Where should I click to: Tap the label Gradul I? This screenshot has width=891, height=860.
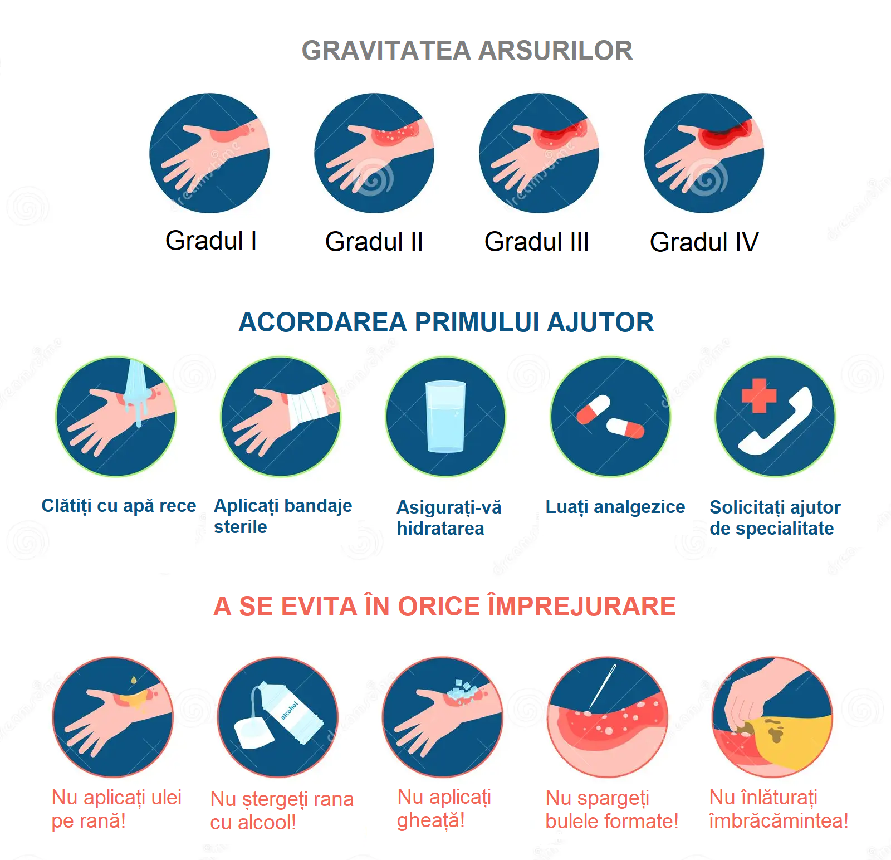click(211, 241)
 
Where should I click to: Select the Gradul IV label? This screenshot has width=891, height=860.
click(704, 242)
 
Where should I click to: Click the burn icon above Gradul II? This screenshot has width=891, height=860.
click(374, 153)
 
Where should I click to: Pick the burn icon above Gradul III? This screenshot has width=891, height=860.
click(539, 153)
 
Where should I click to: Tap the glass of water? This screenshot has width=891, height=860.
click(445, 416)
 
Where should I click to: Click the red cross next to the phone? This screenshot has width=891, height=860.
click(759, 395)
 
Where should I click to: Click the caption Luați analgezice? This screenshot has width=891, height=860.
click(615, 507)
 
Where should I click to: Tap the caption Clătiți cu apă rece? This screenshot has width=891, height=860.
click(119, 506)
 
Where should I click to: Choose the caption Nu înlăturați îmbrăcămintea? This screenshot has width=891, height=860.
click(779, 809)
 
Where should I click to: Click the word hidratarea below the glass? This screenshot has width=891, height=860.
click(440, 529)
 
